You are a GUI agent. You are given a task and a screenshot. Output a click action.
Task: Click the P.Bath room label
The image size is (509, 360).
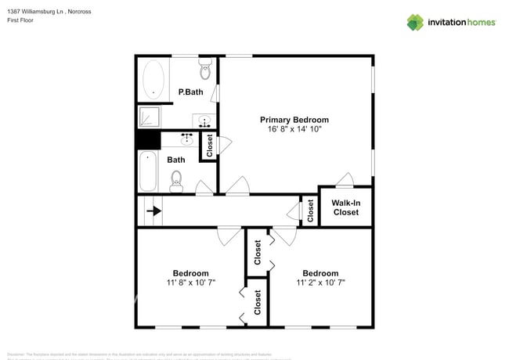click(x=191, y=92)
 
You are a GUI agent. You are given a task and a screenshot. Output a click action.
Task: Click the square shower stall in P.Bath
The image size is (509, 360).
click(x=148, y=117)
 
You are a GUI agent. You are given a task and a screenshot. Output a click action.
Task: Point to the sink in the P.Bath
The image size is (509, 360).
click(x=205, y=121)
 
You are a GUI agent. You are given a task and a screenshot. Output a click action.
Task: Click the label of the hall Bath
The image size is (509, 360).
click(x=176, y=160)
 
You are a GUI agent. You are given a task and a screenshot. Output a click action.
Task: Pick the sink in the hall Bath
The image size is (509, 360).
click(x=187, y=139)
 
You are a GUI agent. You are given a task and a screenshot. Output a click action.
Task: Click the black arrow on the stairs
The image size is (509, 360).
click(x=154, y=211)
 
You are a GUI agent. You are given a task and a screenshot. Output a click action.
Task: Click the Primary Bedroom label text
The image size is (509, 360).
click(x=294, y=120)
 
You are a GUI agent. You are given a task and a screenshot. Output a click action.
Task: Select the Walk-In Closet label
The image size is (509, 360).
click(x=345, y=207)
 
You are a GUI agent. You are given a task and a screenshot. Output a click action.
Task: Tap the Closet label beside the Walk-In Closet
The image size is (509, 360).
click(x=311, y=211)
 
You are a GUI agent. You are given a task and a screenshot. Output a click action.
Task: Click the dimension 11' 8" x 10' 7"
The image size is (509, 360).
click(x=190, y=283)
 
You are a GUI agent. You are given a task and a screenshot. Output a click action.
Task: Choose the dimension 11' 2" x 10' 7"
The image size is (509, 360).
click(x=320, y=283)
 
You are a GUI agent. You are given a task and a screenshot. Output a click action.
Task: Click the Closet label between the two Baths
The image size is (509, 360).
click(x=210, y=146)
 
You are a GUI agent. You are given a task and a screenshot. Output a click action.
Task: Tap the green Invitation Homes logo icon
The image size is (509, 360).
click(x=415, y=22)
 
